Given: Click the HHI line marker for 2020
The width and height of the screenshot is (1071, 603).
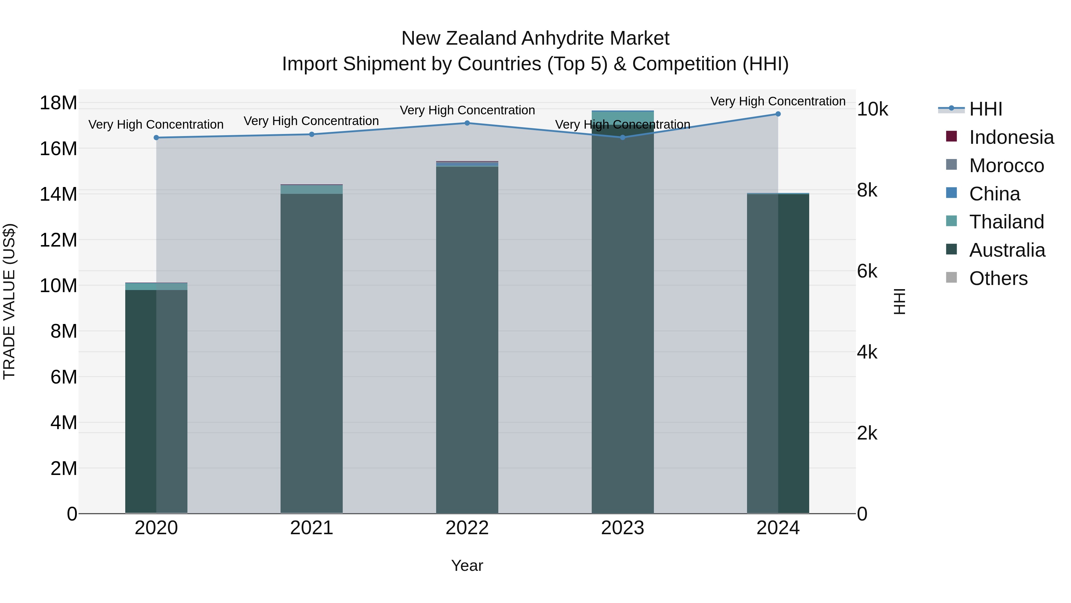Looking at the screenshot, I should [156, 138].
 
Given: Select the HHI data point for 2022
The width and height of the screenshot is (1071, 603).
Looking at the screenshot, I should [467, 123].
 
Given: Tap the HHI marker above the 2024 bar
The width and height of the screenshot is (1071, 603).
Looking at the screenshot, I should [778, 114].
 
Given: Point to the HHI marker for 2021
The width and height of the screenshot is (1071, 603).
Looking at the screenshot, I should [312, 134].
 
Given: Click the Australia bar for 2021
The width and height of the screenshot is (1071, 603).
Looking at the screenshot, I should [312, 354].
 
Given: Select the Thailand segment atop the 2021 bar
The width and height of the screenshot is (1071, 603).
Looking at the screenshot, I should [312, 189].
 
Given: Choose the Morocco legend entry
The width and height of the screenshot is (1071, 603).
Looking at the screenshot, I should [1006, 166].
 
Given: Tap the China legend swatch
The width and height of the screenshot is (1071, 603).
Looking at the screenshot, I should [951, 193].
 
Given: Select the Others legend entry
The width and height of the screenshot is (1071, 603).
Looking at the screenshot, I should [998, 278].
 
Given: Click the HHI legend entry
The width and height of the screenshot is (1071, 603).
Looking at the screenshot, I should [985, 109].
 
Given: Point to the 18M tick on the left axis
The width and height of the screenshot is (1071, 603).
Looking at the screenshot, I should [58, 103].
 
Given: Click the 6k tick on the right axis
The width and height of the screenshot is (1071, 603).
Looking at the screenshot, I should [867, 271].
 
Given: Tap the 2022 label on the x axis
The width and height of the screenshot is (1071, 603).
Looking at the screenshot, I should [467, 528].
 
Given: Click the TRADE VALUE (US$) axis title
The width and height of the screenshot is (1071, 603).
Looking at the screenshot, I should [9, 301].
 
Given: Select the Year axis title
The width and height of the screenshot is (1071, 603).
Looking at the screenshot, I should [467, 565].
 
